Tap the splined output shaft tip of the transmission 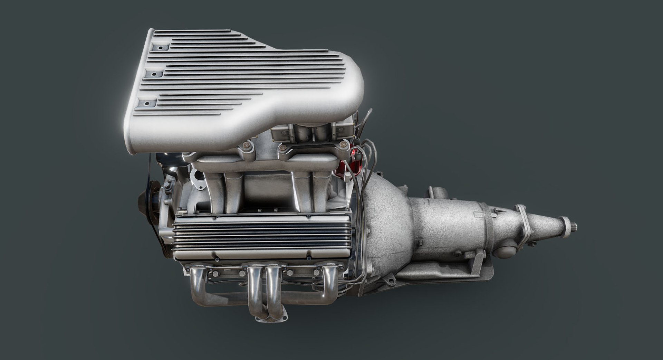click(x=574, y=228)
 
